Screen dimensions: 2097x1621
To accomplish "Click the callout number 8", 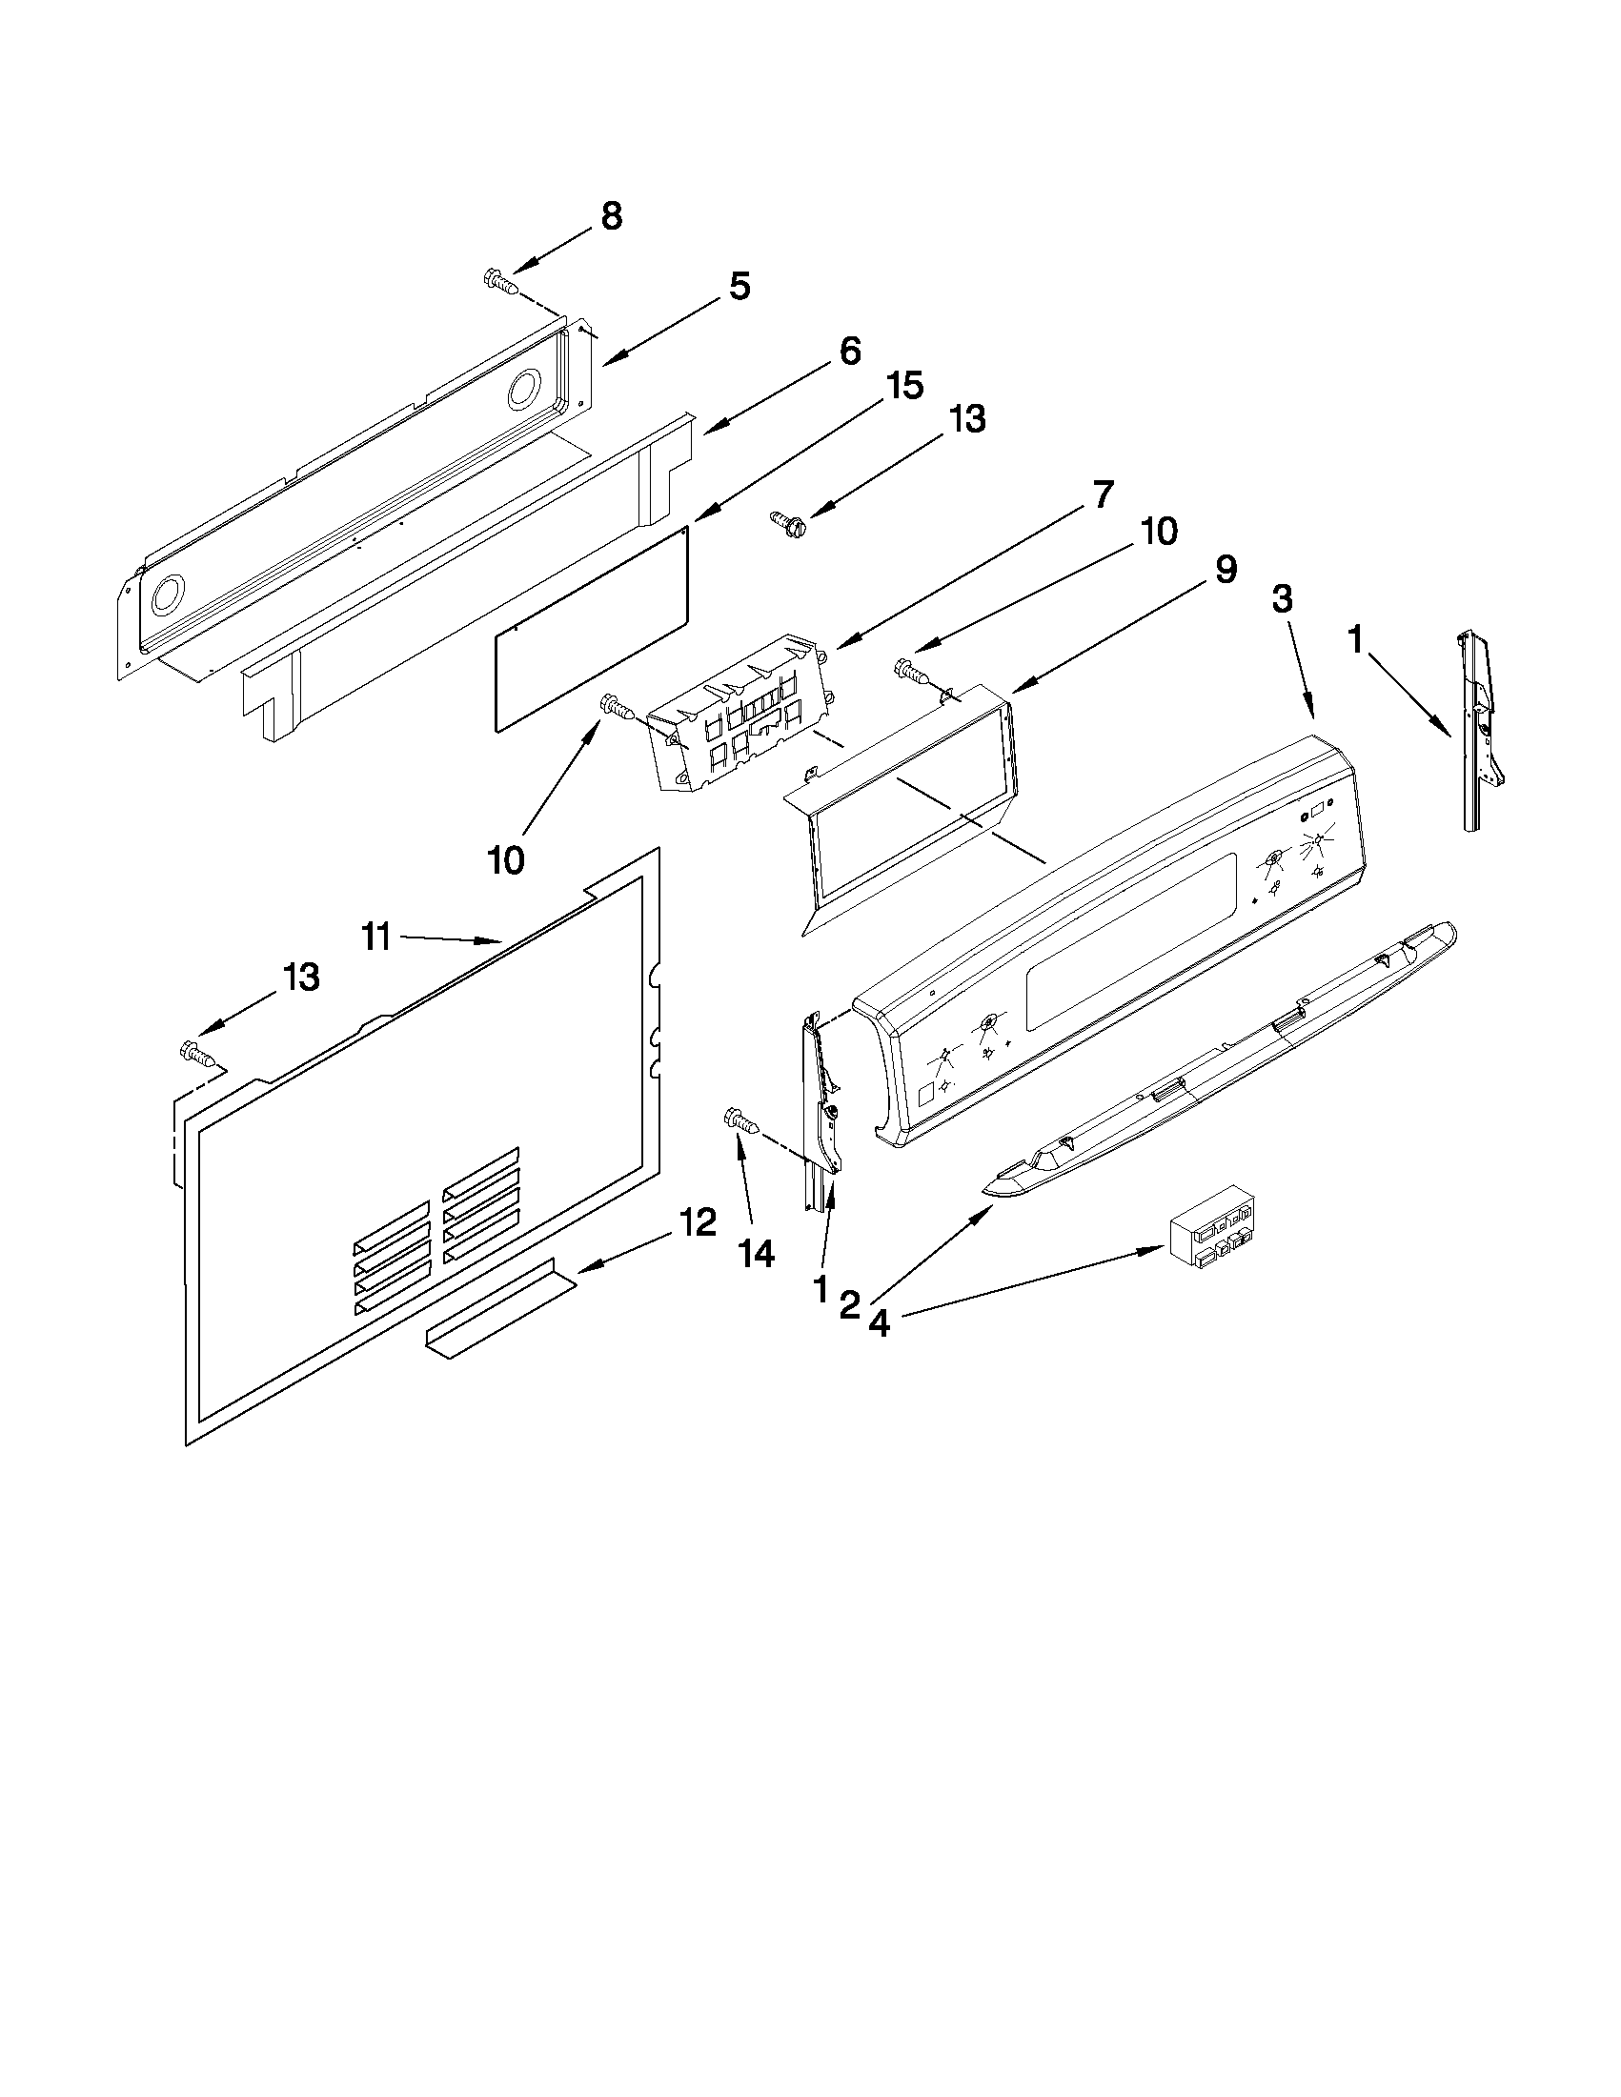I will tap(612, 216).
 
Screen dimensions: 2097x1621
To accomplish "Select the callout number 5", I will tap(739, 286).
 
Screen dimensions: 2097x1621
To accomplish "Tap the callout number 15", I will tap(903, 386).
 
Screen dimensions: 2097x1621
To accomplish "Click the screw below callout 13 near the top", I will tap(788, 522).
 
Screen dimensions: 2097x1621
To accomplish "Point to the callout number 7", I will tap(1102, 494).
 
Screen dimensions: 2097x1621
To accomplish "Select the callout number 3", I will tap(1282, 599).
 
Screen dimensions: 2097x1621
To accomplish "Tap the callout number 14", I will tap(757, 1254).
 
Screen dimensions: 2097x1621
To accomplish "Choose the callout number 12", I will tap(699, 1222).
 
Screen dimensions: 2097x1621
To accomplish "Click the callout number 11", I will tap(376, 936).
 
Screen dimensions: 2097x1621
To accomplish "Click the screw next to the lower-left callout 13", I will tap(199, 1054).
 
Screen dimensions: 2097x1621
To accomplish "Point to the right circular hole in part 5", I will tap(525, 390).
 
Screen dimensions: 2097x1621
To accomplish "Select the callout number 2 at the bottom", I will tap(849, 1305).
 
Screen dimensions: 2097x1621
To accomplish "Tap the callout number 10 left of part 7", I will tap(506, 859).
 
